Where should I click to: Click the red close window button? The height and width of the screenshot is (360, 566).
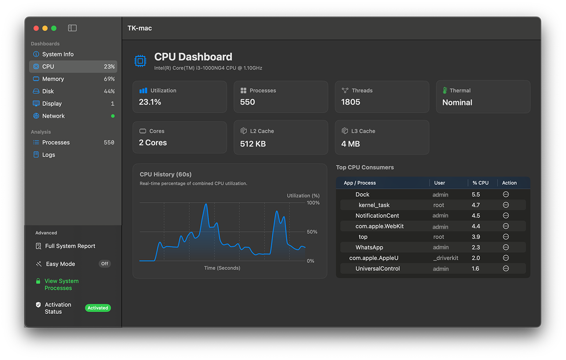coord(36,28)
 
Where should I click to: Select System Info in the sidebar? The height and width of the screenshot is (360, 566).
coord(58,54)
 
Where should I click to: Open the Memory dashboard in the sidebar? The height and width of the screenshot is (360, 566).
coord(53,79)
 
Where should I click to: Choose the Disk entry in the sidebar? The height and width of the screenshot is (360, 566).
coord(48,91)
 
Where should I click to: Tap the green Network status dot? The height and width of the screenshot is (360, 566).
coord(113,116)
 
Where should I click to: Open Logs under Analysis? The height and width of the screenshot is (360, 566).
coord(48,155)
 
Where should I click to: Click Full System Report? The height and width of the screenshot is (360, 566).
coord(70,246)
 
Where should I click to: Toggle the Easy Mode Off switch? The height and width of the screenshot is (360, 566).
coord(105,264)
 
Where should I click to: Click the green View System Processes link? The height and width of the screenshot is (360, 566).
coord(61,285)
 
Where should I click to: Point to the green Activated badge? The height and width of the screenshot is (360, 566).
coord(98,308)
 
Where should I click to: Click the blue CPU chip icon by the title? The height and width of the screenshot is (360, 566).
coord(141,61)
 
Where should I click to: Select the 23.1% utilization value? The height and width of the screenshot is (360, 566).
coord(150,102)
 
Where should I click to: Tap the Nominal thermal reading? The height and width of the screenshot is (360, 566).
coord(457,102)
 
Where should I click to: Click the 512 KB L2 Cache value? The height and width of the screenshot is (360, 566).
coord(253,144)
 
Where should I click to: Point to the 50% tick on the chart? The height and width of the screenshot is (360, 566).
coord(312,232)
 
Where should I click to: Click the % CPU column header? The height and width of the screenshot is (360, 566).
coord(480,183)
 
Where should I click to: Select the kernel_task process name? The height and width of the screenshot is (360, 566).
coord(374,205)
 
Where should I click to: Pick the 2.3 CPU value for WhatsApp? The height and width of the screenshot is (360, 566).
coord(476,247)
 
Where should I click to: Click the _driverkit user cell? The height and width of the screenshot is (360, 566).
coord(445,258)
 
